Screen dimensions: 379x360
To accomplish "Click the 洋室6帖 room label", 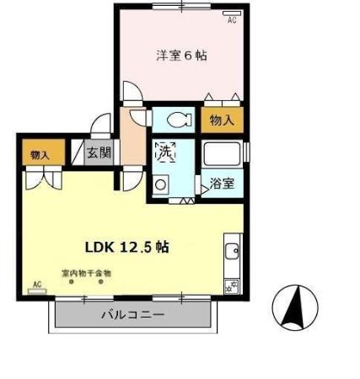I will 181,56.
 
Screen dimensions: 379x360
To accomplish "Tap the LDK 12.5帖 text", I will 127,247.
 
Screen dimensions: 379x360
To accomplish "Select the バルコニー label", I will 132,315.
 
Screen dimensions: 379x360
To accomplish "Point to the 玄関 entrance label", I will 100,153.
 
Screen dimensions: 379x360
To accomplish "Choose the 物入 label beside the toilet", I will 222,121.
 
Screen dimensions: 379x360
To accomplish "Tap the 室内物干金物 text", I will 86,273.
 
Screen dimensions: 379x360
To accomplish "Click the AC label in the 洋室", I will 231,22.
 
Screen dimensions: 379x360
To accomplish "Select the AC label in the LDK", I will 36,283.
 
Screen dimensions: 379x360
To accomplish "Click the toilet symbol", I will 176,118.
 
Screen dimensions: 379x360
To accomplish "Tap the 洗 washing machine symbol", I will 165,152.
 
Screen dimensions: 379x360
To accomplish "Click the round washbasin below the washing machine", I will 160,185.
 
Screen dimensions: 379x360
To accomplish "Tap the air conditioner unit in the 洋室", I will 231,14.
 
